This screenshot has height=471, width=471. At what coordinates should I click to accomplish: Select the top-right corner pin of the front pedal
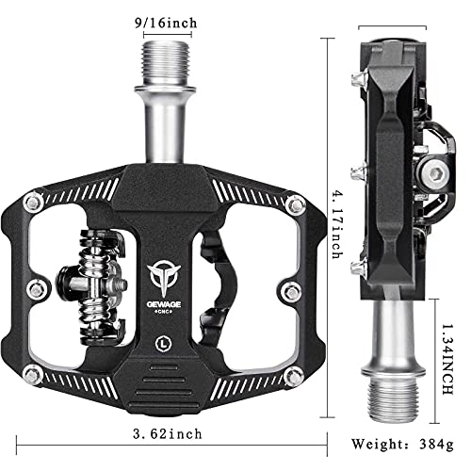click(x=299, y=201)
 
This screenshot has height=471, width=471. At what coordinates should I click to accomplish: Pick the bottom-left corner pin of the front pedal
click(x=35, y=351)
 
